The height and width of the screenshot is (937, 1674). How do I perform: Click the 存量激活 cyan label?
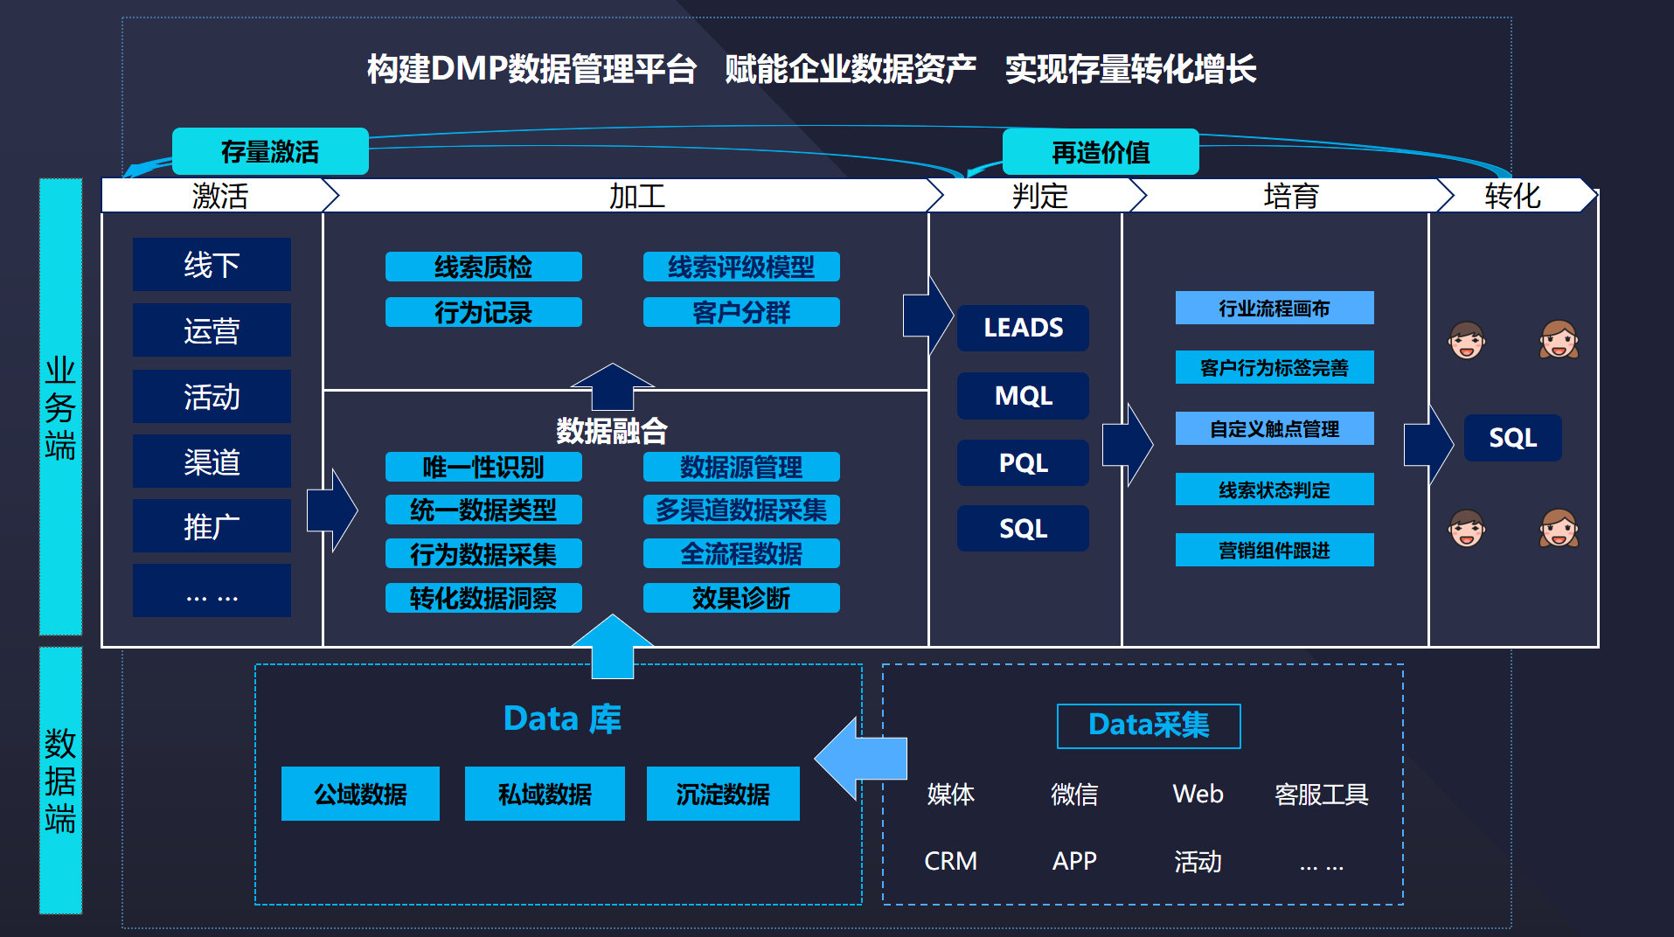(270, 151)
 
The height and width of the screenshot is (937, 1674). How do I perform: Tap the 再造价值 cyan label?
(1101, 152)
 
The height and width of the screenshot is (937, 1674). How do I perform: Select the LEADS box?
(1023, 328)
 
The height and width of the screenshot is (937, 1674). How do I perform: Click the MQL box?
(1023, 395)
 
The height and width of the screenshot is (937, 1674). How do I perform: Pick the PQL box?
(1023, 462)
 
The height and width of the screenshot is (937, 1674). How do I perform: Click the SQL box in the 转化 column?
(1512, 437)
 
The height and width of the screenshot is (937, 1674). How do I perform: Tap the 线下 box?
(212, 264)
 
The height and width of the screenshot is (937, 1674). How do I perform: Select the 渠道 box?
(212, 462)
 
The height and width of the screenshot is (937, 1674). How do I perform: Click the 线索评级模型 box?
(741, 267)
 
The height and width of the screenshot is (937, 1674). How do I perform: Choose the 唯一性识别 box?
(483, 467)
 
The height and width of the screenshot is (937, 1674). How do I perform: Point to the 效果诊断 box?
(741, 598)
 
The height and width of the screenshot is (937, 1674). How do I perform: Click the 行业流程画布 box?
(1274, 308)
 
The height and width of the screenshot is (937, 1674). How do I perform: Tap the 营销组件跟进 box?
(1274, 550)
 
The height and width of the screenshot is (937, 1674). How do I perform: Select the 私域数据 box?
(545, 794)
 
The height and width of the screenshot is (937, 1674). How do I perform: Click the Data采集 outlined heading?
(1149, 725)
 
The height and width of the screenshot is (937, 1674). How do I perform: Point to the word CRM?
(950, 861)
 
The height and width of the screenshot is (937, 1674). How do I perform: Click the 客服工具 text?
(1321, 794)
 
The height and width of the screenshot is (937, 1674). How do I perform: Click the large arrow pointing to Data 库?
(861, 759)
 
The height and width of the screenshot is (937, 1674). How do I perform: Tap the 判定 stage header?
(1039, 196)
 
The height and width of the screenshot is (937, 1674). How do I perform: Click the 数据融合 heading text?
(612, 430)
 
